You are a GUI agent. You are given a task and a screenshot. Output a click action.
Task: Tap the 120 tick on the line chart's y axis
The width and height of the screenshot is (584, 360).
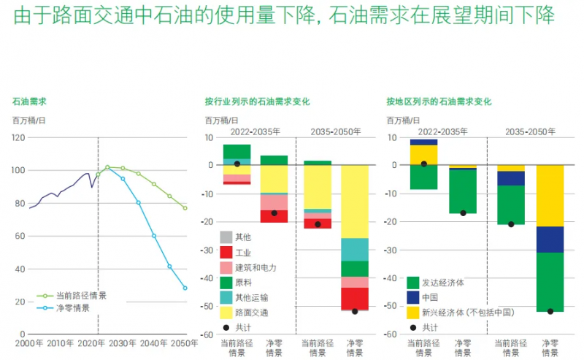pos(18,137)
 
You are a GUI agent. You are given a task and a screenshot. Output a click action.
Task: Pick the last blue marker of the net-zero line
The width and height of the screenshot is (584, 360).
pos(185,288)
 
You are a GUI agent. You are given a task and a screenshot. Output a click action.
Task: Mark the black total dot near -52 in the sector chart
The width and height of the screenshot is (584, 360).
pos(356,312)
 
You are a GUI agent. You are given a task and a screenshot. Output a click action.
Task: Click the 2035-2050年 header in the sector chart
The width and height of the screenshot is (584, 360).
pos(336,132)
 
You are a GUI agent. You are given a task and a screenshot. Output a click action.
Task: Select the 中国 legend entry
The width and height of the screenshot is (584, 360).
pos(430,297)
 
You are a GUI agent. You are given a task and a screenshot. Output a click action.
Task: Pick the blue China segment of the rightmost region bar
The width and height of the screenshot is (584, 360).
pos(550,240)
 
